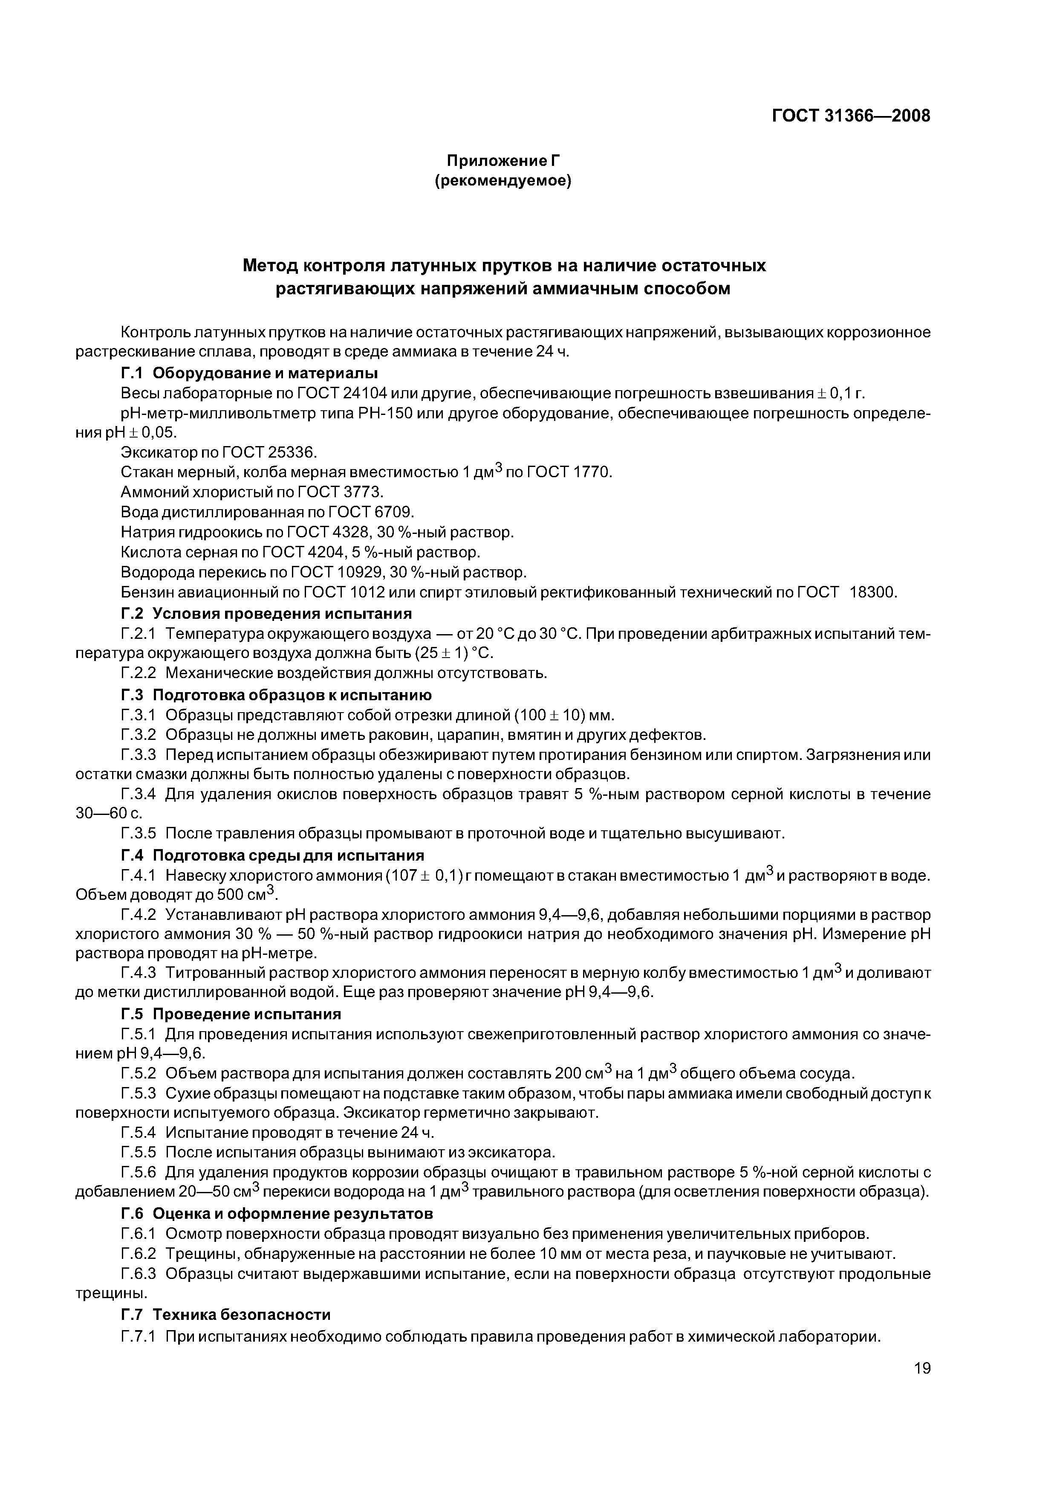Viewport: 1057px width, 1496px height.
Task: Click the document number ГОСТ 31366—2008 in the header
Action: tap(851, 116)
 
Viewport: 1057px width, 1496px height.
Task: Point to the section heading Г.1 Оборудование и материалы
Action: tap(249, 373)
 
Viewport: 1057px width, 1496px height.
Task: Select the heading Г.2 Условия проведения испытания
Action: tap(266, 614)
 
